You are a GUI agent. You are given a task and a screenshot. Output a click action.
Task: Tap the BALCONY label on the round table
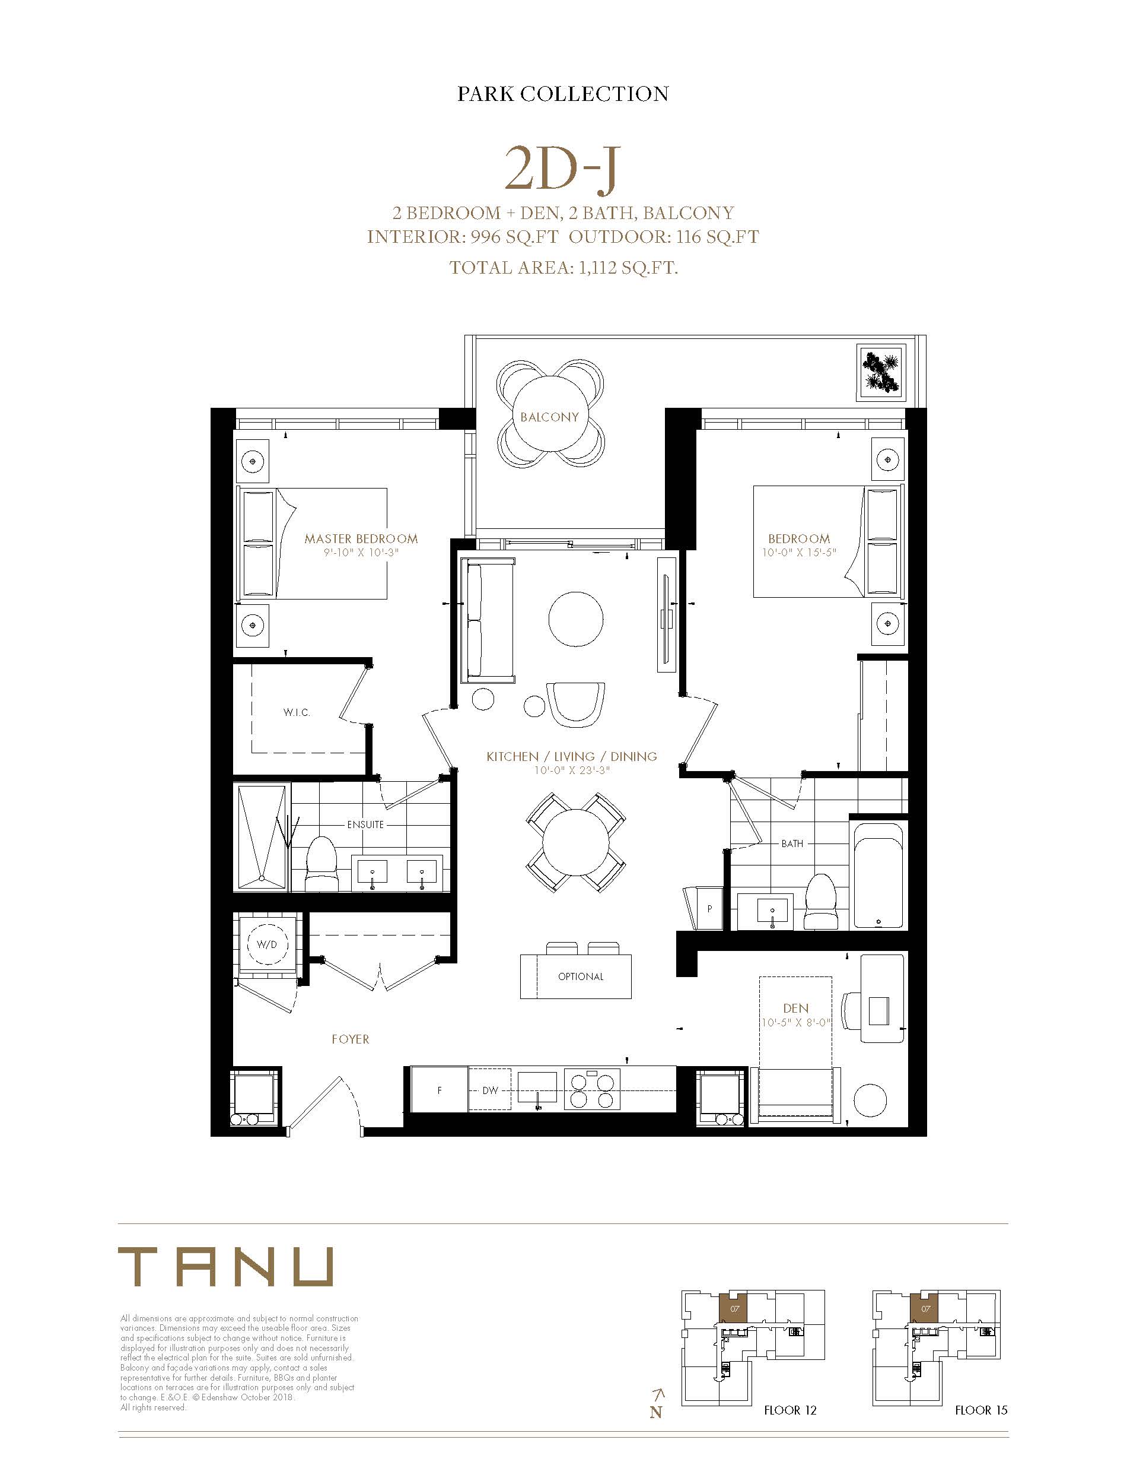[x=549, y=417]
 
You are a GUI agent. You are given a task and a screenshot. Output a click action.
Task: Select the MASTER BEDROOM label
[x=361, y=538]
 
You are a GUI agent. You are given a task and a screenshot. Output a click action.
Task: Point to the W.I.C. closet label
[x=297, y=712]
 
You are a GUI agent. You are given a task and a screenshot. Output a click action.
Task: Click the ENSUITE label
[x=365, y=825]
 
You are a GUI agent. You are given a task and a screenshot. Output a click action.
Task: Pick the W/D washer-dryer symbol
[x=266, y=944]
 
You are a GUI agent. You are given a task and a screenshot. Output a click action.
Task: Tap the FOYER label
[x=350, y=1039]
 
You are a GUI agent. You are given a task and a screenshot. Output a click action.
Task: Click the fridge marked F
[x=440, y=1090]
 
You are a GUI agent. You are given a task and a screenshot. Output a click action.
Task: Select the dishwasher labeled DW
[x=490, y=1090]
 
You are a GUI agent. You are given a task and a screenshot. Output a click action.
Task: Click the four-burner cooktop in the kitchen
[x=592, y=1089]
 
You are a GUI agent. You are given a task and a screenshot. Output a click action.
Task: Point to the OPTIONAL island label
[x=581, y=976]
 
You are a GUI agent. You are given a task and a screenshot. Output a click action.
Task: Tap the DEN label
[x=795, y=1008]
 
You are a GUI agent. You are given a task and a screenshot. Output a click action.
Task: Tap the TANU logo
[x=225, y=1267]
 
